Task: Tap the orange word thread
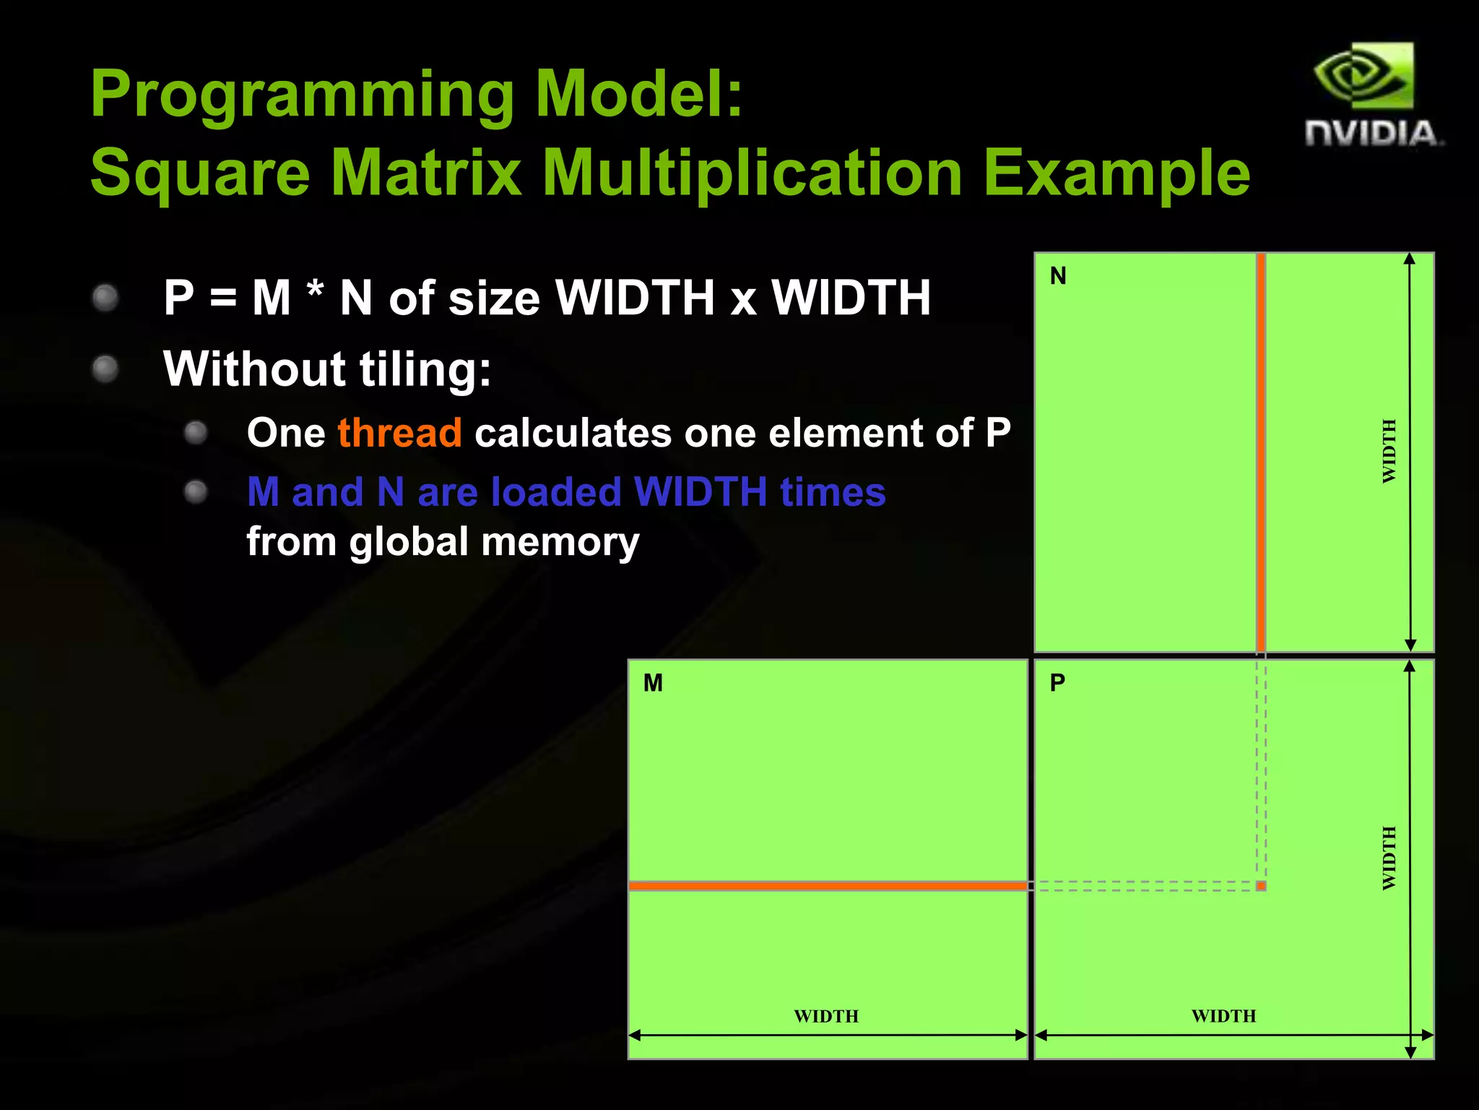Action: point(399,433)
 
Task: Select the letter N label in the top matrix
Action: point(1058,276)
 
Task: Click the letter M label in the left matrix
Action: point(653,683)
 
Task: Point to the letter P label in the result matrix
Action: point(1057,683)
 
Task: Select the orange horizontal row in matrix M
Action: point(828,885)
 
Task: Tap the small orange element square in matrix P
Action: point(1261,886)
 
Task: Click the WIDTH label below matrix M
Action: point(826,1016)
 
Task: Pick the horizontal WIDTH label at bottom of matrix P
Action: point(1223,1016)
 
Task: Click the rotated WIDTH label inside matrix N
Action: point(1389,451)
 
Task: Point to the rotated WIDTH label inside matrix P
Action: point(1389,858)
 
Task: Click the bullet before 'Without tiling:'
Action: point(105,369)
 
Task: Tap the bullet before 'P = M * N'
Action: point(105,298)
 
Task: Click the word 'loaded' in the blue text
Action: point(555,492)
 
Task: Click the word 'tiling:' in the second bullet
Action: point(425,369)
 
